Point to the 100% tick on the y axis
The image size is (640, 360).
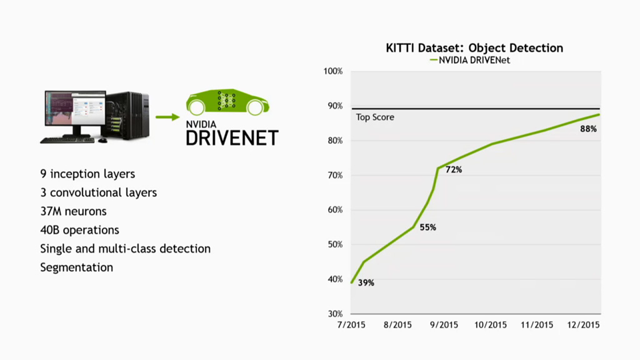(332, 71)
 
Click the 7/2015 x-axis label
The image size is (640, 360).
(351, 325)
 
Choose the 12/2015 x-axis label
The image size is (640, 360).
(584, 325)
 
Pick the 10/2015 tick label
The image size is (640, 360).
(491, 325)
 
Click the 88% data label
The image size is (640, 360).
(589, 129)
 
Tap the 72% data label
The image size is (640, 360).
(453, 170)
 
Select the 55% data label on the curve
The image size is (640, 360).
(427, 227)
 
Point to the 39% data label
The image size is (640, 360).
(366, 283)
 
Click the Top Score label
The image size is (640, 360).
(375, 117)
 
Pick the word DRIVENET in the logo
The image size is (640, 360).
(232, 137)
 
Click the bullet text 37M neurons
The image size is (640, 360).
(73, 211)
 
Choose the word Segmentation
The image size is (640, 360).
(76, 267)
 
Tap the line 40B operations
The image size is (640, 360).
(79, 230)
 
